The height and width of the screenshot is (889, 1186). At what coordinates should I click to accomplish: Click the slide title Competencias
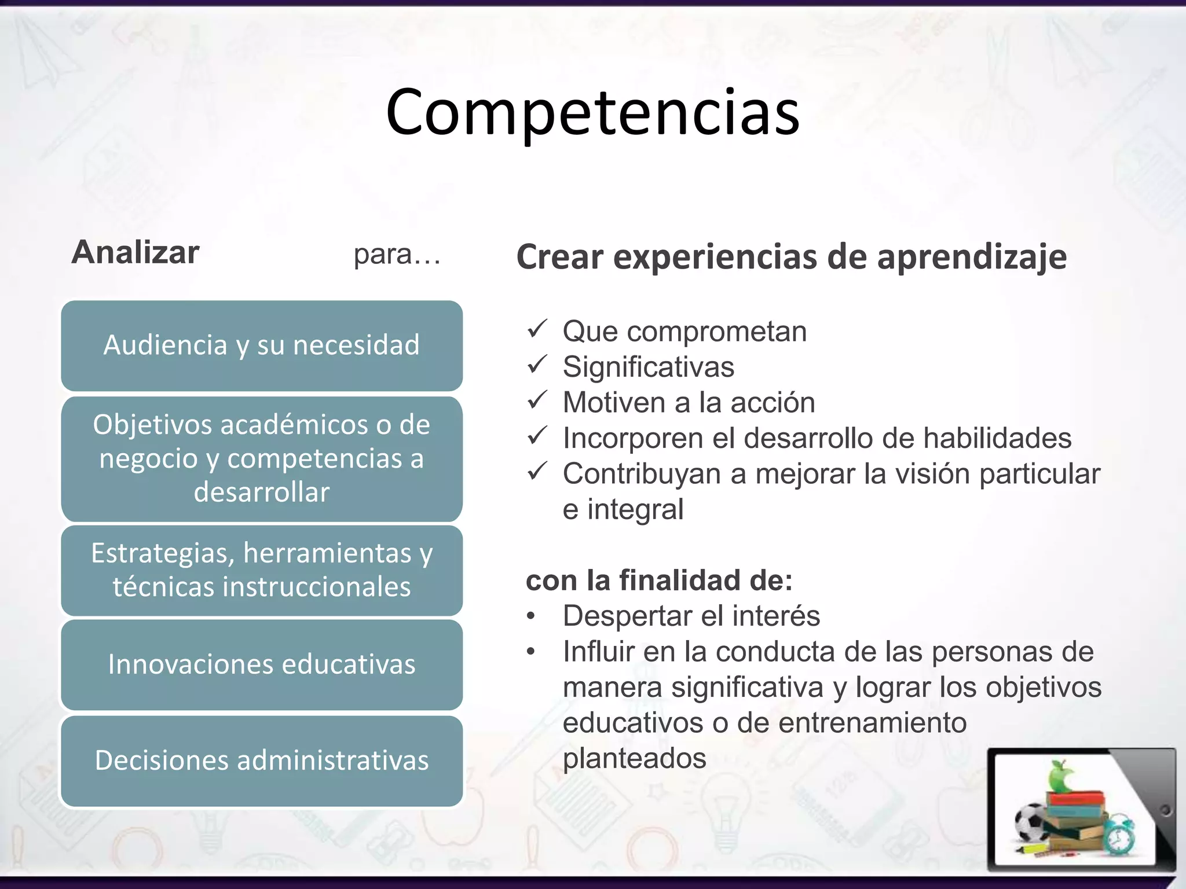pyautogui.click(x=592, y=113)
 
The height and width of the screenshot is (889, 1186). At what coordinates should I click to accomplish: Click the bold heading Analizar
pyautogui.click(x=136, y=252)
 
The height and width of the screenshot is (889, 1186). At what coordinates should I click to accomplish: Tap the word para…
pyautogui.click(x=397, y=255)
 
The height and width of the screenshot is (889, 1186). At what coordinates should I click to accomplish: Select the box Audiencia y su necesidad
pyautogui.click(x=262, y=346)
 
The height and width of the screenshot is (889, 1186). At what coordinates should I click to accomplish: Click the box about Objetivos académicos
pyautogui.click(x=262, y=458)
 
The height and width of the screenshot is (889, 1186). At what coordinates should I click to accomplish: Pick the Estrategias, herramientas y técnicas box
pyautogui.click(x=262, y=570)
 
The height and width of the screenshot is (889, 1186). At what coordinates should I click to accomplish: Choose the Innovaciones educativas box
pyautogui.click(x=262, y=664)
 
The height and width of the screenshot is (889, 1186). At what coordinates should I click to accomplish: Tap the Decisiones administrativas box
pyautogui.click(x=262, y=761)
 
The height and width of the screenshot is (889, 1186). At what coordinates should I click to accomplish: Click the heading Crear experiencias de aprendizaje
pyautogui.click(x=791, y=257)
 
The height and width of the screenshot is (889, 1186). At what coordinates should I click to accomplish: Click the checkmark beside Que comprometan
pyautogui.click(x=537, y=329)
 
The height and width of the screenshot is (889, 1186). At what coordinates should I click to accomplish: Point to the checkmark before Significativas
pyautogui.click(x=537, y=365)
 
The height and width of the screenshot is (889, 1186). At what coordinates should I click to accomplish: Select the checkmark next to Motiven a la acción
pyautogui.click(x=537, y=400)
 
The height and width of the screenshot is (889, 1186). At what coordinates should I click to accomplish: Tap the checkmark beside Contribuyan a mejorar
pyautogui.click(x=537, y=471)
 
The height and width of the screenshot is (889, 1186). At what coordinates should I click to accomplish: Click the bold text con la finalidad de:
pyautogui.click(x=659, y=580)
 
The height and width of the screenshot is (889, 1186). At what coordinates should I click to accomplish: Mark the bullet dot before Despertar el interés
pyautogui.click(x=531, y=617)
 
